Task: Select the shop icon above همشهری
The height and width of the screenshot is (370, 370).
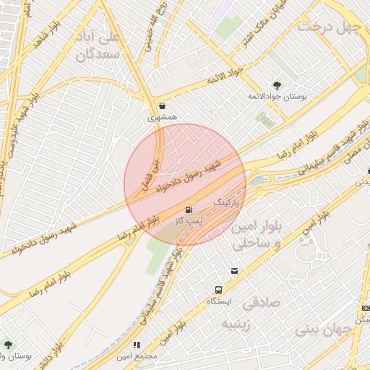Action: (x=162, y=106)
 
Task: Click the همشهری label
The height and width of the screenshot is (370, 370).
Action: (x=162, y=116)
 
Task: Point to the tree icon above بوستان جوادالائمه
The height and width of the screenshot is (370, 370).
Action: (x=276, y=85)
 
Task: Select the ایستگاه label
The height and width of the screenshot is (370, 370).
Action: (x=218, y=300)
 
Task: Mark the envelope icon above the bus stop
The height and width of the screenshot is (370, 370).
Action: (x=235, y=271)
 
